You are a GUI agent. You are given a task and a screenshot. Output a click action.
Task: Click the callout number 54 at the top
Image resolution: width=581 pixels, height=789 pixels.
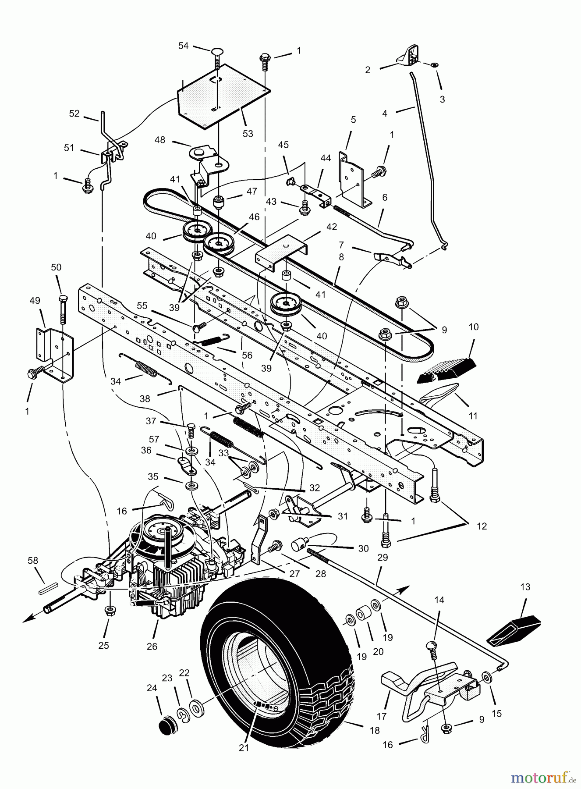(x=183, y=46)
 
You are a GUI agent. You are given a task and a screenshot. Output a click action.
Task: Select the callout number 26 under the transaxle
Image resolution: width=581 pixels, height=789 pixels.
(x=152, y=646)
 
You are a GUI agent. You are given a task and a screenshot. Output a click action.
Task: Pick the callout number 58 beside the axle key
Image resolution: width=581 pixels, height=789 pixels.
(x=33, y=561)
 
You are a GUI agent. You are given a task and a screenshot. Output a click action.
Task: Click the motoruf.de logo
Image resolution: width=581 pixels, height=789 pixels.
(x=543, y=778)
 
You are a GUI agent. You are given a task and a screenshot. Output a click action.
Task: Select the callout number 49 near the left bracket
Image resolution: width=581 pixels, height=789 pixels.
(x=35, y=301)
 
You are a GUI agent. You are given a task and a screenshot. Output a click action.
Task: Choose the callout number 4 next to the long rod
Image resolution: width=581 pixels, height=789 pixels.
(x=385, y=113)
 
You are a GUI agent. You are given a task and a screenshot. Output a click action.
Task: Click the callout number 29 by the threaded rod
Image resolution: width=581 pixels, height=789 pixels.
(x=383, y=557)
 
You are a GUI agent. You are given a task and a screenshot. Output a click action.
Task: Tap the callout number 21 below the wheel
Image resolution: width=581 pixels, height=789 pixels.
(x=244, y=747)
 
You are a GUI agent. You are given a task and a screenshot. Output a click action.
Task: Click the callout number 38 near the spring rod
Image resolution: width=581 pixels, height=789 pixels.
(x=145, y=398)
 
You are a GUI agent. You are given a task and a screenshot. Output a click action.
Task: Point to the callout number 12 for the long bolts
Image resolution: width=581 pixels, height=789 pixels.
(x=482, y=526)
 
